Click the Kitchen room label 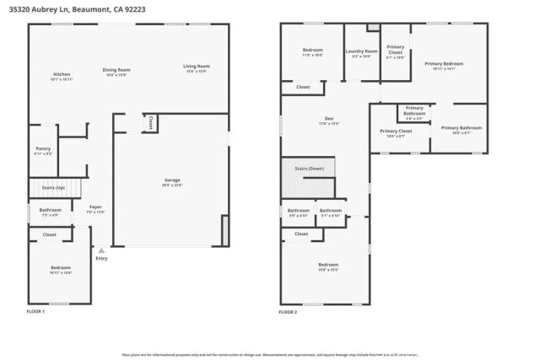[x=62, y=74]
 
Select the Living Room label [x=197, y=66]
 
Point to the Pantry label [x=42, y=148]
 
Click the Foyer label [x=95, y=207]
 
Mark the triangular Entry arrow [x=101, y=250]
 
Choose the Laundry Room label [x=361, y=51]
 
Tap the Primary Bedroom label [x=444, y=64]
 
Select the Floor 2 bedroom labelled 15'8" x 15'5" [x=327, y=265]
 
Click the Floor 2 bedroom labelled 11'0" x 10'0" [x=312, y=51]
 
